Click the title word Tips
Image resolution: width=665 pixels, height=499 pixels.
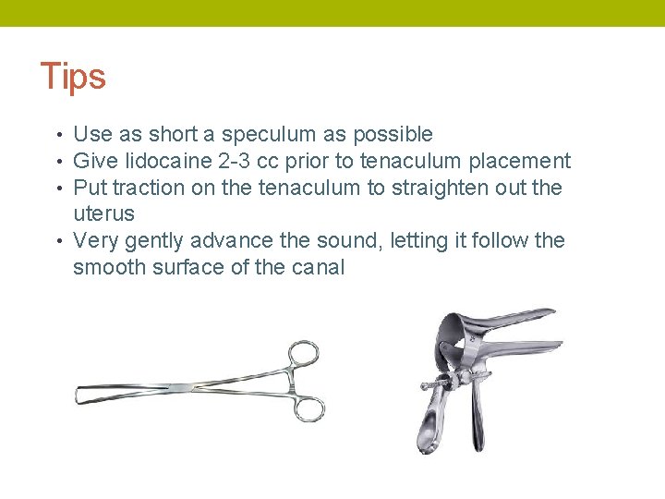(x=73, y=77)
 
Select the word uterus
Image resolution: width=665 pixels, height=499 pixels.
(x=103, y=214)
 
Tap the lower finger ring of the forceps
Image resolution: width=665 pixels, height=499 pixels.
(x=310, y=408)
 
